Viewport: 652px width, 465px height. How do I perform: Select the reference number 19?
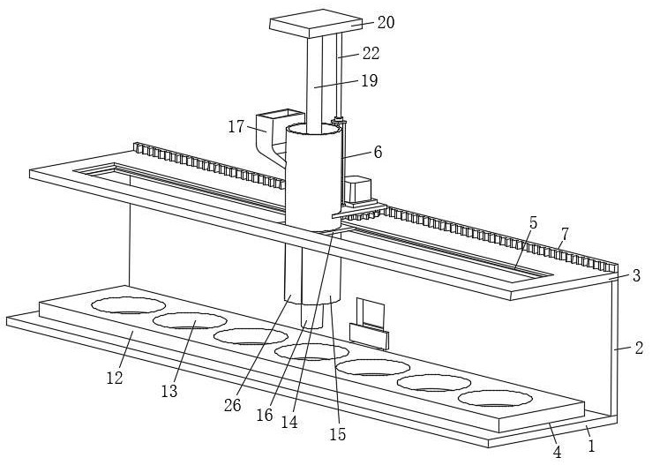click(x=369, y=80)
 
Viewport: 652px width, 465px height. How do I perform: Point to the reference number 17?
click(x=236, y=126)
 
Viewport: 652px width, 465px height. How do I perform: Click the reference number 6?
click(x=378, y=152)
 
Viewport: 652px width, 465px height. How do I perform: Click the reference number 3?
click(x=635, y=276)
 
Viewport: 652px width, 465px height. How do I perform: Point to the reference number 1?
click(x=592, y=446)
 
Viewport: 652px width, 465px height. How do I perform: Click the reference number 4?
click(x=556, y=452)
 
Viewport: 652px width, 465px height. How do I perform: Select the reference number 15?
click(x=337, y=433)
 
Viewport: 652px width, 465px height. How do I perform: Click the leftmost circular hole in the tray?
click(x=129, y=306)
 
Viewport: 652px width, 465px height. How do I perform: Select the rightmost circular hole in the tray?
click(x=496, y=398)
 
